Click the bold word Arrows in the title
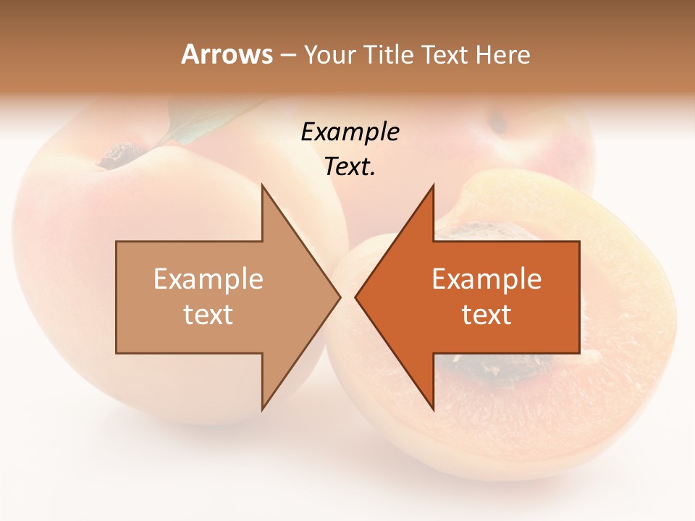tap(227, 54)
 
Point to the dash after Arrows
tap(288, 56)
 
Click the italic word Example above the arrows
tap(350, 132)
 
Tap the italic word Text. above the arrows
tap(350, 167)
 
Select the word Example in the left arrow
tap(208, 279)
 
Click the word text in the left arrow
tap(208, 315)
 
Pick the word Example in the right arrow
tap(486, 279)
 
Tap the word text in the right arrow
tap(486, 315)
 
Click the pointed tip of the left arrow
tap(339, 297)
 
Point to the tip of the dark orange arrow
tap(357, 297)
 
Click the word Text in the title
tap(445, 55)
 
